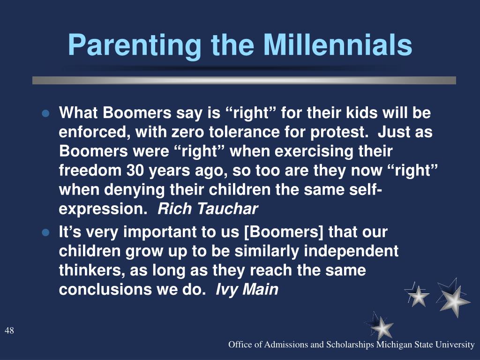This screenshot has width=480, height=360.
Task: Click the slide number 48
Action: click(9, 330)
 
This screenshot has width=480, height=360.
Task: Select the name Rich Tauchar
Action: click(208, 209)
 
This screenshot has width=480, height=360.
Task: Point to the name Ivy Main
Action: click(247, 289)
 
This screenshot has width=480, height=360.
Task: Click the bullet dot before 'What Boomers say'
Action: click(45, 114)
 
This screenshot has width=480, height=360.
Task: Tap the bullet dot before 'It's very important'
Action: click(45, 233)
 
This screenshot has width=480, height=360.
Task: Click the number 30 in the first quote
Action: click(135, 171)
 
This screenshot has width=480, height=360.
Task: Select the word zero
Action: click(187, 132)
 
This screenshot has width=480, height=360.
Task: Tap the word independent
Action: click(351, 251)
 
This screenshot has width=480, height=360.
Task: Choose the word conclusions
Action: click(105, 289)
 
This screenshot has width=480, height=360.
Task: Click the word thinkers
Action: click(92, 270)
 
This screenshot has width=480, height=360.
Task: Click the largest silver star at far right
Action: click(454, 299)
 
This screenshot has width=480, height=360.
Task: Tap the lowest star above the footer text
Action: click(381, 327)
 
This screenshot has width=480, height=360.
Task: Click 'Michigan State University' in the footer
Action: click(426, 345)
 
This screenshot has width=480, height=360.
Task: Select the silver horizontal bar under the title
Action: click(244, 80)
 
